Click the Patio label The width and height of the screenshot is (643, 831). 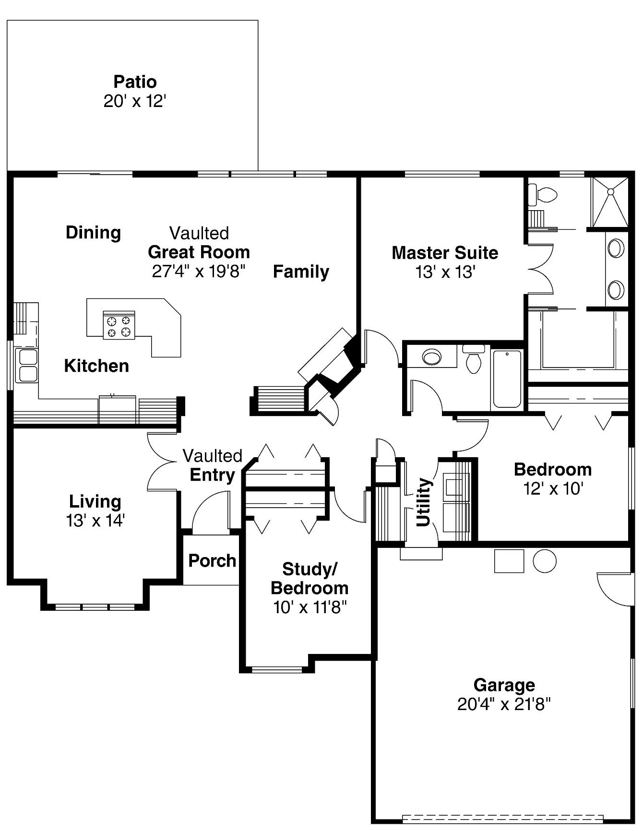pyautogui.click(x=135, y=82)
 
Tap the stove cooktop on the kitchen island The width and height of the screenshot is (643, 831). pyautogui.click(x=119, y=325)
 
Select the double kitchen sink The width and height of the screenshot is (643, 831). pyautogui.click(x=26, y=366)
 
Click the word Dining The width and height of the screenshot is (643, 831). pyautogui.click(x=93, y=233)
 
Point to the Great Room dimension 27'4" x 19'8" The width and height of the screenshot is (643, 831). pyautogui.click(x=199, y=272)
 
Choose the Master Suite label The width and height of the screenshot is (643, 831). pyautogui.click(x=445, y=253)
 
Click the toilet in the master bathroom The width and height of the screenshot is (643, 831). pyautogui.click(x=542, y=194)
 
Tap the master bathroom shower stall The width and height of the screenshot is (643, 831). pyautogui.click(x=609, y=202)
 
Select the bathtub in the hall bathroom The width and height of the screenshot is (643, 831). pyautogui.click(x=507, y=379)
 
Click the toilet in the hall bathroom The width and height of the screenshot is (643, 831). pyautogui.click(x=474, y=358)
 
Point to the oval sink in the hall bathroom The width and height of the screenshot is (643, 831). pyautogui.click(x=432, y=357)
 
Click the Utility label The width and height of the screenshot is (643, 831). pyautogui.click(x=423, y=502)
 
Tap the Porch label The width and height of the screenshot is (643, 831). pyautogui.click(x=212, y=560)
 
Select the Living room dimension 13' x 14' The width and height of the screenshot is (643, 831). pyautogui.click(x=95, y=521)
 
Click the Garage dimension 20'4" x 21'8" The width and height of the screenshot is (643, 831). pyautogui.click(x=504, y=704)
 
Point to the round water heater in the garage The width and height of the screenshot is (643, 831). pyautogui.click(x=545, y=560)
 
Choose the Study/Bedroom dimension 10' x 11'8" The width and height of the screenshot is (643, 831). pyautogui.click(x=310, y=607)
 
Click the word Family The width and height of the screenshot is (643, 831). pyautogui.click(x=301, y=272)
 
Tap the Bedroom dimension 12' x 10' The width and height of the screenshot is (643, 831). pyautogui.click(x=553, y=489)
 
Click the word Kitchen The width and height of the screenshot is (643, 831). pyautogui.click(x=96, y=366)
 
